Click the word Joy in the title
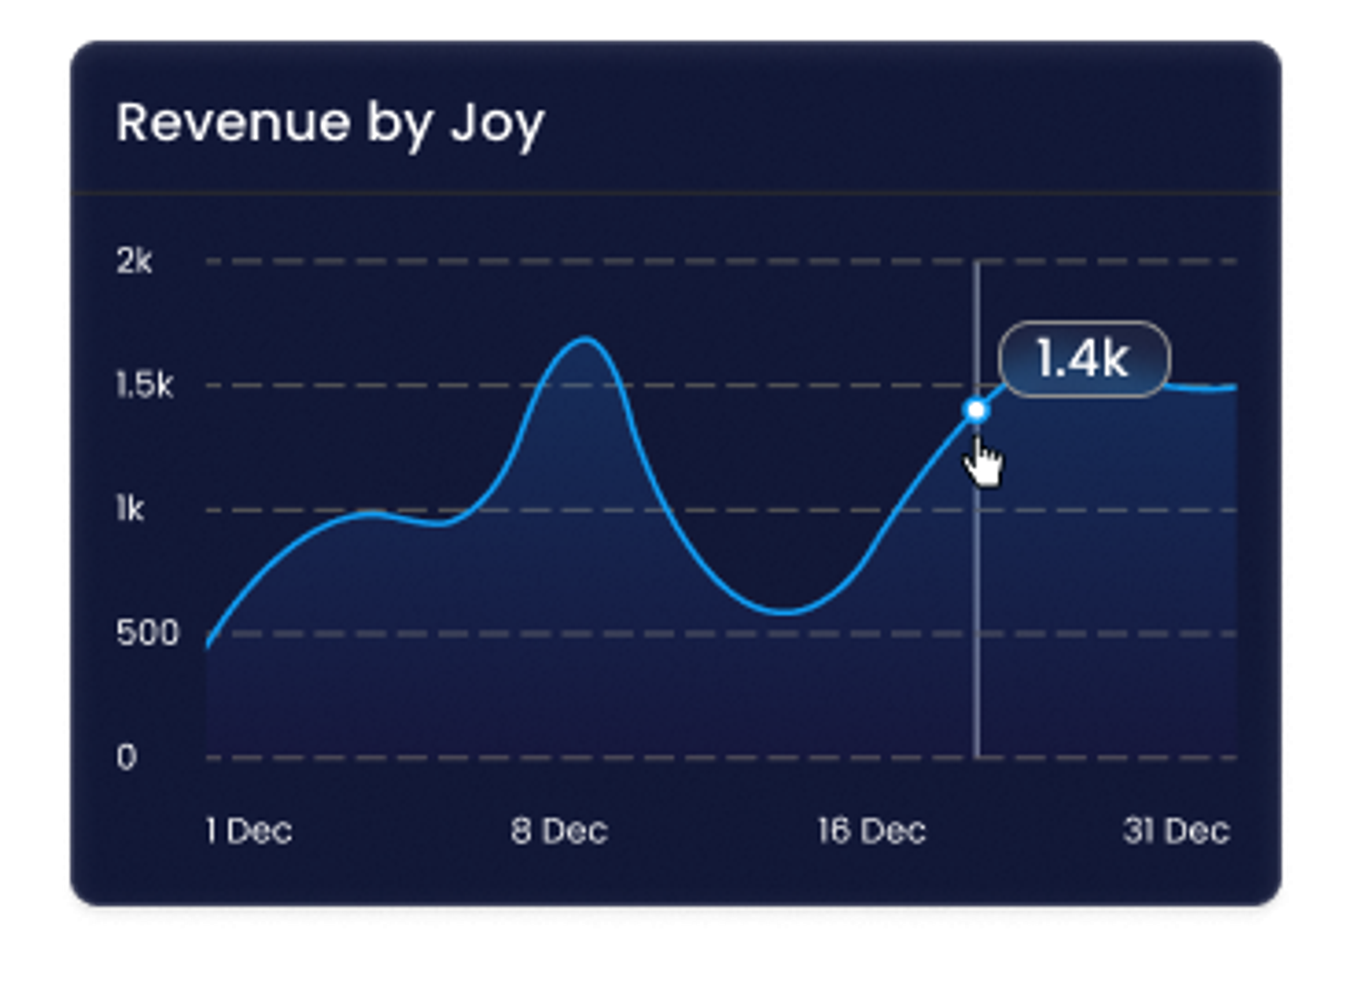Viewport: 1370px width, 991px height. click(x=497, y=125)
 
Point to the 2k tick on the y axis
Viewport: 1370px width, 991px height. click(x=134, y=261)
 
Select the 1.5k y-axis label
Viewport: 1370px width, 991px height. click(x=144, y=385)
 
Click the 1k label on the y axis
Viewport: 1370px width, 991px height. click(x=129, y=509)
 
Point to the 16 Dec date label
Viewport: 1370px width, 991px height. click(x=871, y=831)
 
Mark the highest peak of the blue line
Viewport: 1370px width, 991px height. click(x=585, y=340)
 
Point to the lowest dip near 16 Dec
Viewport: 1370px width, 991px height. click(x=785, y=612)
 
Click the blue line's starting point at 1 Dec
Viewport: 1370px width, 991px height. click(x=208, y=647)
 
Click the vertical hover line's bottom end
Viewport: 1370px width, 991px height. click(x=977, y=755)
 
